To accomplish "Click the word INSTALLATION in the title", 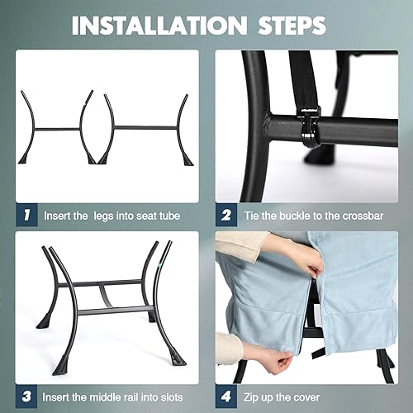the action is tap(159, 26).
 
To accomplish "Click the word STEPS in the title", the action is tap(292, 26).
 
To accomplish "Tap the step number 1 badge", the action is tap(26, 215).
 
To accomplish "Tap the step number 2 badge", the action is tap(226, 215).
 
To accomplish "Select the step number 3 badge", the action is tap(26, 396).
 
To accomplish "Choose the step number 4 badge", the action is tap(226, 396).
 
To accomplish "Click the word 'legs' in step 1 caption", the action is tap(104, 216).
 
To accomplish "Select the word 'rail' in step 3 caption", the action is tap(131, 397).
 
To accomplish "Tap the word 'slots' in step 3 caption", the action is tap(171, 397).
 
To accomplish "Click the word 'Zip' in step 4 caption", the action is tap(250, 398).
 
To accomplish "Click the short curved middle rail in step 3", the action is tap(105, 296).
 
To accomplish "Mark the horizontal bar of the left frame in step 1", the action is tap(57, 129).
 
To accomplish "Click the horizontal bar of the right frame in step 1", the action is tap(145, 128).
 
